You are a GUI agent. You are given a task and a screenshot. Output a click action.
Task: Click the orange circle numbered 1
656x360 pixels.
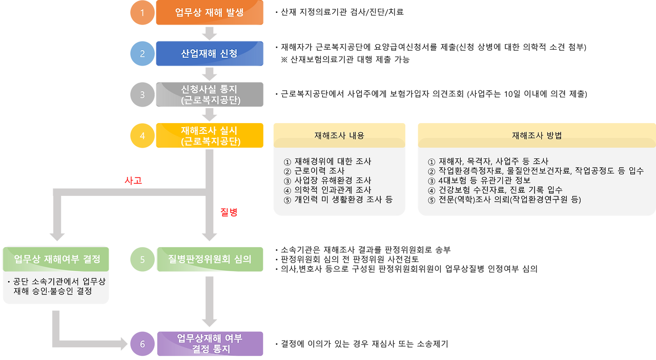coord(142,13)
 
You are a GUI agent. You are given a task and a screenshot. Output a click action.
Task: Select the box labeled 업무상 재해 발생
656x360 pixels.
coord(210,13)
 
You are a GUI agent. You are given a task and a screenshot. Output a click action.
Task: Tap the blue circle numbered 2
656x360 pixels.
coord(142,54)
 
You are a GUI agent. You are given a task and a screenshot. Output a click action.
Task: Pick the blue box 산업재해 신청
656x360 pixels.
coord(210,53)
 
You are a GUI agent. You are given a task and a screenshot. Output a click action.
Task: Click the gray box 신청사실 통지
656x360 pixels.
coord(210,94)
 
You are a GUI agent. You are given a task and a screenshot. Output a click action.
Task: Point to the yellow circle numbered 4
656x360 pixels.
coord(142,136)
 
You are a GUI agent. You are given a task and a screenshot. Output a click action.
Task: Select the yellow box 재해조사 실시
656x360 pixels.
coord(210,135)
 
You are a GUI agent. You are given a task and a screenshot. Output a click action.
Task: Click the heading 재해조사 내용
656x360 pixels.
coord(339,136)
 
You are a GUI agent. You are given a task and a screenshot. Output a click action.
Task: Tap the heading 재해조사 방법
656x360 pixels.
coord(536,136)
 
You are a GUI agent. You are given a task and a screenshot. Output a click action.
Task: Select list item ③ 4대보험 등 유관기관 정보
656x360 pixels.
coord(479,180)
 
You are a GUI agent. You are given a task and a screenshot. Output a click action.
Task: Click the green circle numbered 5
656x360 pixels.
coord(142,259)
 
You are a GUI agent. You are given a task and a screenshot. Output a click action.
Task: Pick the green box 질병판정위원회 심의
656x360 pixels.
coord(210,259)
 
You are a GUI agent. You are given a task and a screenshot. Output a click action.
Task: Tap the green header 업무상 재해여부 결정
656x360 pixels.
coord(56,258)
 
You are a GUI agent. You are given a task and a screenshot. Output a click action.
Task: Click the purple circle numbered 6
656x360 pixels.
coord(142,344)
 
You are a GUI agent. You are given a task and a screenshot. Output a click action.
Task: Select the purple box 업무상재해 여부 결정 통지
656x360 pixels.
coord(210,344)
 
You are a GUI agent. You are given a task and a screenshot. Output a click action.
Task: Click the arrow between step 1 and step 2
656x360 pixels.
coord(210,33)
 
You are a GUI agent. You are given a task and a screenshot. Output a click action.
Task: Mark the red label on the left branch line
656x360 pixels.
coord(133,181)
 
